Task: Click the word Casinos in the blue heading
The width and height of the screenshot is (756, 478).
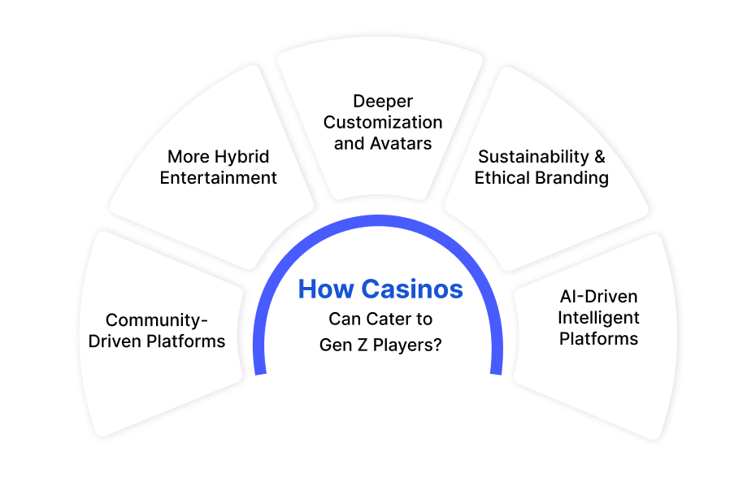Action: click(412, 289)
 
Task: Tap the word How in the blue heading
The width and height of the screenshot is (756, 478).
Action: click(326, 289)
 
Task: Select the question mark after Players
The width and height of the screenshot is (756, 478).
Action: click(437, 345)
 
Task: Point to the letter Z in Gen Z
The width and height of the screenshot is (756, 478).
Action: click(362, 345)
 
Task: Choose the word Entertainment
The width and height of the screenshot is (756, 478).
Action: click(219, 177)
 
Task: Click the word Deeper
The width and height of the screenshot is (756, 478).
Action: click(383, 102)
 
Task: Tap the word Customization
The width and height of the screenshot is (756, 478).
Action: click(383, 122)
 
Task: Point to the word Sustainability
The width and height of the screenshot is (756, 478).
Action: click(533, 157)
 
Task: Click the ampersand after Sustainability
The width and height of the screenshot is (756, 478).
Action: click(600, 156)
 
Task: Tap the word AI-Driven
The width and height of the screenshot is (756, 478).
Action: click(598, 296)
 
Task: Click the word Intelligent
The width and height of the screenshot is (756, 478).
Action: click(598, 317)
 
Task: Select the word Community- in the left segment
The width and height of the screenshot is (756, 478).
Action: click(157, 319)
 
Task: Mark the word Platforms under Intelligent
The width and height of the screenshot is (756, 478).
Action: click(598, 339)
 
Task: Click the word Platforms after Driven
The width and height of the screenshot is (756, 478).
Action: click(185, 341)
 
